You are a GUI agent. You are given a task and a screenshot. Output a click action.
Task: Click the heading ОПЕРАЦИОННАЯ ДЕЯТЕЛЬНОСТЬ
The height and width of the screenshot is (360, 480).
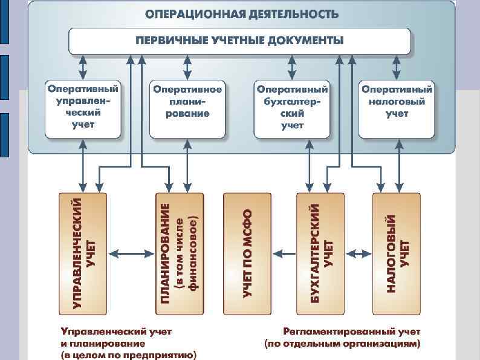(241, 14)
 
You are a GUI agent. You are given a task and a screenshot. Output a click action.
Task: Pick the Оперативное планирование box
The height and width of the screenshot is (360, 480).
(187, 107)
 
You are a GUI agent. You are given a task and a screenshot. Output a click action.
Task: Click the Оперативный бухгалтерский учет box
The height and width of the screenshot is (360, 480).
(293, 107)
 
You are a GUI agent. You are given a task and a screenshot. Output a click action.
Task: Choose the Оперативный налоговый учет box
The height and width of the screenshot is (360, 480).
(397, 107)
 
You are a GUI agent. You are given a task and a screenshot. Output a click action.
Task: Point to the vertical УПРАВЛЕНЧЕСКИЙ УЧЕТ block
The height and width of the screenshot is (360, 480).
(83, 254)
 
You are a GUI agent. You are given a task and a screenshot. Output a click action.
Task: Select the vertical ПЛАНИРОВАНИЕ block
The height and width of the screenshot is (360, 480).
(179, 254)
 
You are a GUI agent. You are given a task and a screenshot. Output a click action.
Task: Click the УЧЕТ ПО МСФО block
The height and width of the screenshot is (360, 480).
(247, 254)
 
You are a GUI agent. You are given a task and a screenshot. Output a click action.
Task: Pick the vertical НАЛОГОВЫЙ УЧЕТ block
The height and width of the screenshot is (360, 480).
(397, 254)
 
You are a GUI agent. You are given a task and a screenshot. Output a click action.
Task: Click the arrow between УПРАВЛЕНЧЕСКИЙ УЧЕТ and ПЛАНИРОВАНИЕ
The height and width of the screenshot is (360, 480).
(131, 254)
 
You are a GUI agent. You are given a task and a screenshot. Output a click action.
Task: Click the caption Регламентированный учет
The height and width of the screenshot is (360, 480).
(352, 332)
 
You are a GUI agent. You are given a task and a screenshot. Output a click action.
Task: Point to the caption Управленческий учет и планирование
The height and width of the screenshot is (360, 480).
(116, 338)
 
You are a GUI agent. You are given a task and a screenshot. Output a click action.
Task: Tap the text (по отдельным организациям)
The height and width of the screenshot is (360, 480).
(342, 344)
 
